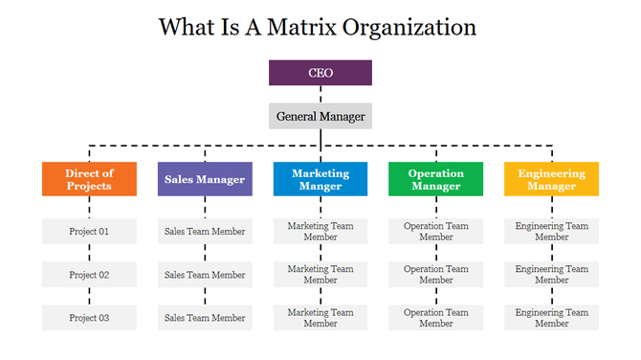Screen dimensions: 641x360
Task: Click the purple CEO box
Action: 320,73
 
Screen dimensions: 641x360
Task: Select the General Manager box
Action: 320,116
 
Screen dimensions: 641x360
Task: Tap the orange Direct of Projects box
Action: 89,179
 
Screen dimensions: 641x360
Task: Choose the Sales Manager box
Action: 205,179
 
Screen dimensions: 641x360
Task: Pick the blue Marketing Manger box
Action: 320,179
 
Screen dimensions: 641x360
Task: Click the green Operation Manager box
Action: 436,179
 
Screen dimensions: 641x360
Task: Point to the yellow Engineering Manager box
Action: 552,179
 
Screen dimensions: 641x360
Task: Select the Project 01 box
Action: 89,231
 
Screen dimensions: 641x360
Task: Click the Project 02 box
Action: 89,275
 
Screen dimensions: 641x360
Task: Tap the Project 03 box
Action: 89,318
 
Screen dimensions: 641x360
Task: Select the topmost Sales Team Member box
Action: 205,231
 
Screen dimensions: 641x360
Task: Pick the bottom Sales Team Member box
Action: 205,318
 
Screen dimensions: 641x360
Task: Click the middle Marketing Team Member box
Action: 320,275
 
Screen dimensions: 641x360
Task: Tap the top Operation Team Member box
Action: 436,231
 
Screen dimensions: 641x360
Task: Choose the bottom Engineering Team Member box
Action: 552,318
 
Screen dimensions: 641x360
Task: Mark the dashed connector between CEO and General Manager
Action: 320,94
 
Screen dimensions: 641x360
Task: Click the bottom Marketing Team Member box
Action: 320,318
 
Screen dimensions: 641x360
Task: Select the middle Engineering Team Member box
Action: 552,275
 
